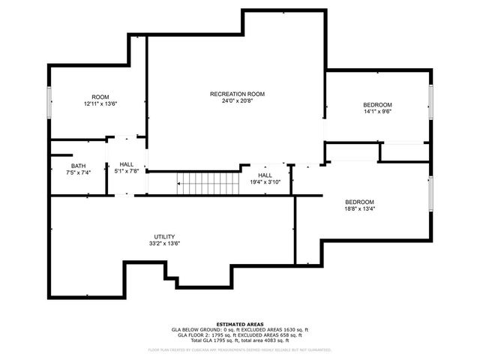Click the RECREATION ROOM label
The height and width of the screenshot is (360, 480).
[x=237, y=94]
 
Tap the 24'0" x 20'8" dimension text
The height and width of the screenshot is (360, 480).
[x=237, y=101]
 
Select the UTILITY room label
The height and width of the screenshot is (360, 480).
[x=164, y=236]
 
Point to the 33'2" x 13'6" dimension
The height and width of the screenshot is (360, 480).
[x=164, y=244]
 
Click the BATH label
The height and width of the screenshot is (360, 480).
[x=78, y=166]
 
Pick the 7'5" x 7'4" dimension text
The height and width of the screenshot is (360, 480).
[x=78, y=172]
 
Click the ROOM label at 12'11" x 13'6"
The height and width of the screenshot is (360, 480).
[x=100, y=97]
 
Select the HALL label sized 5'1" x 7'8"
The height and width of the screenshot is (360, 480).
[x=126, y=164]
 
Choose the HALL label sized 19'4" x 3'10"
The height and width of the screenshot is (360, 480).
[x=265, y=175]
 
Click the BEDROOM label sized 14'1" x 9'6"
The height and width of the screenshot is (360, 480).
[x=377, y=105]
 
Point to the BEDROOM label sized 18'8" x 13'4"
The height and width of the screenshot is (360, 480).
[x=359, y=202]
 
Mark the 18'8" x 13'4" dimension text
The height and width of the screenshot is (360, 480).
[x=359, y=210]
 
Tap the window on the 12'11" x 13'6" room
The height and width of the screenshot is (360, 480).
[x=49, y=103]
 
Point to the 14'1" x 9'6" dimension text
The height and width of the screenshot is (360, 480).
[x=377, y=112]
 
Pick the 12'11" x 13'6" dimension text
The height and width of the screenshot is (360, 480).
[x=100, y=104]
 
